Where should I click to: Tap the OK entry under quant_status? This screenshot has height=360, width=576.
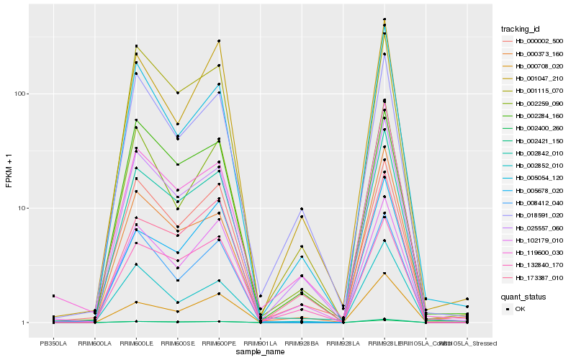click(x=520, y=309)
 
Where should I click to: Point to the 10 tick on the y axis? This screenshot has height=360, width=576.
click(x=22, y=208)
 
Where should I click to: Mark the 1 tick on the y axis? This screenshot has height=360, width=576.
click(x=24, y=323)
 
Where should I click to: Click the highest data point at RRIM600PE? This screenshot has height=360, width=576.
click(x=218, y=41)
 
